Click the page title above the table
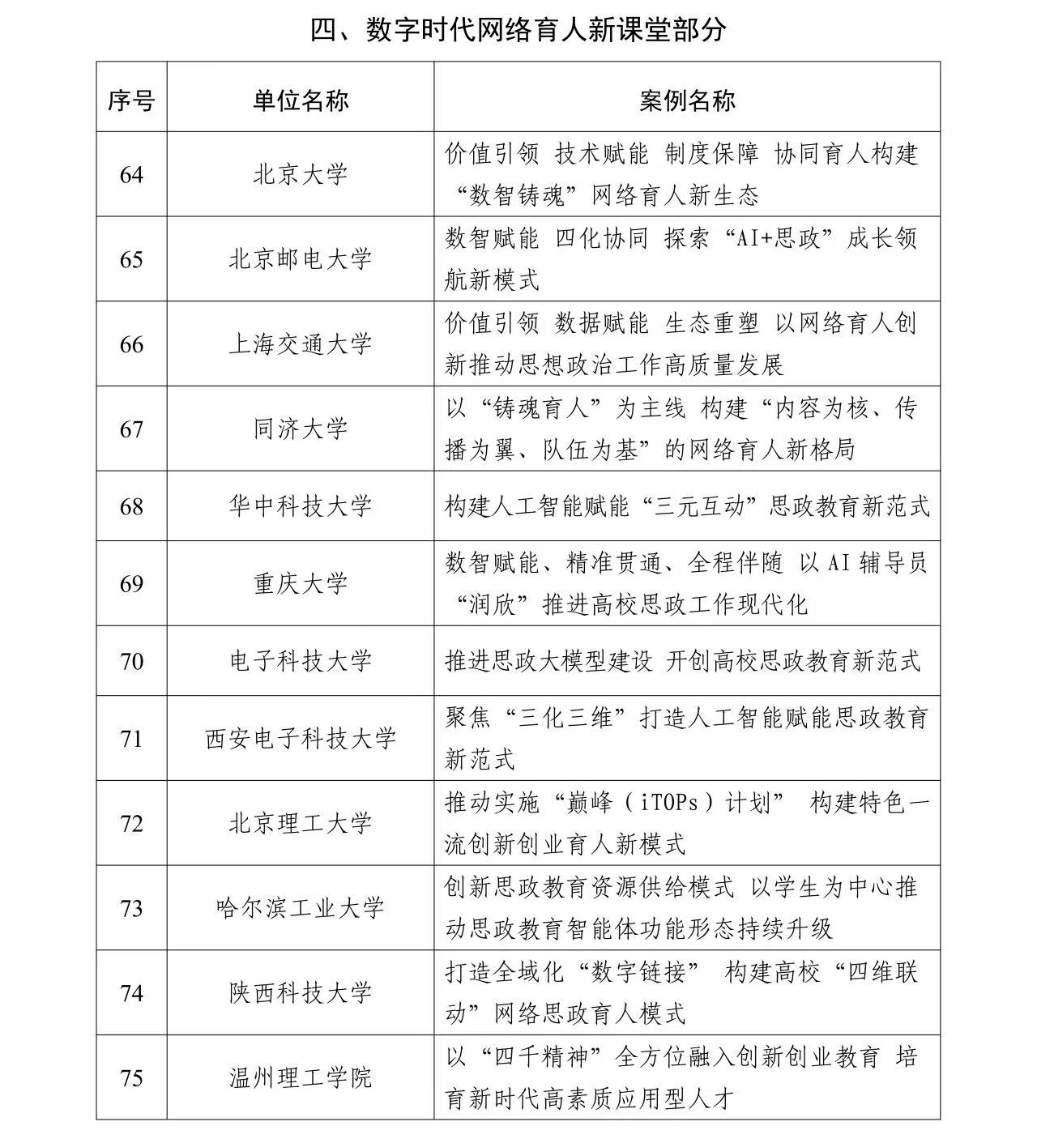518,30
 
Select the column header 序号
131,100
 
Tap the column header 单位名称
300,100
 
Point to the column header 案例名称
687,100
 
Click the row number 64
131,175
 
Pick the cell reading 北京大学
300,175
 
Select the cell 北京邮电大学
300,260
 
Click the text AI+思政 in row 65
776,239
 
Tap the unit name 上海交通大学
300,345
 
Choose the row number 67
131,429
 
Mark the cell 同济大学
300,429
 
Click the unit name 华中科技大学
300,507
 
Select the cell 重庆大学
300,584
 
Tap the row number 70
131,662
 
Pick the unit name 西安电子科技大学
300,739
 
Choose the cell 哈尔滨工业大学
300,909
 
